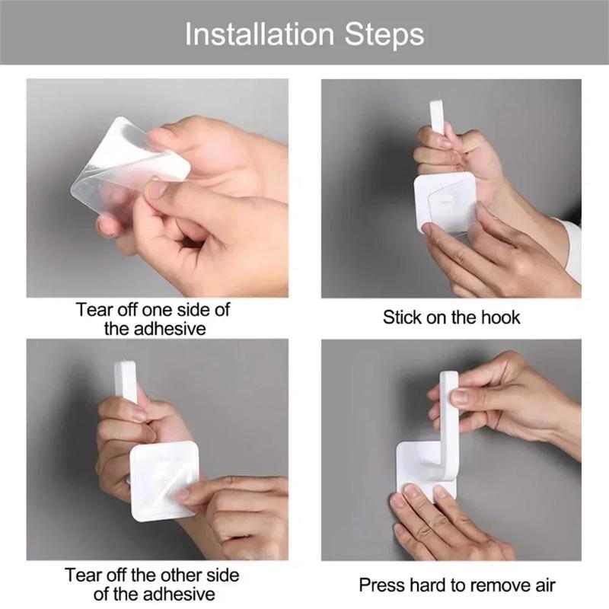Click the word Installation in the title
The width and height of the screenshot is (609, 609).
tap(259, 34)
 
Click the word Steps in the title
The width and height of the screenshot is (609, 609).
tap(384, 35)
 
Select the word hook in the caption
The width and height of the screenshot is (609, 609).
tap(500, 317)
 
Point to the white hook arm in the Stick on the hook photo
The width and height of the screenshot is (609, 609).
tap(437, 117)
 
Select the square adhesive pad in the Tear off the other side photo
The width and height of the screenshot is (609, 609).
tap(164, 481)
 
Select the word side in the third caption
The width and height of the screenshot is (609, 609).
tap(223, 576)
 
